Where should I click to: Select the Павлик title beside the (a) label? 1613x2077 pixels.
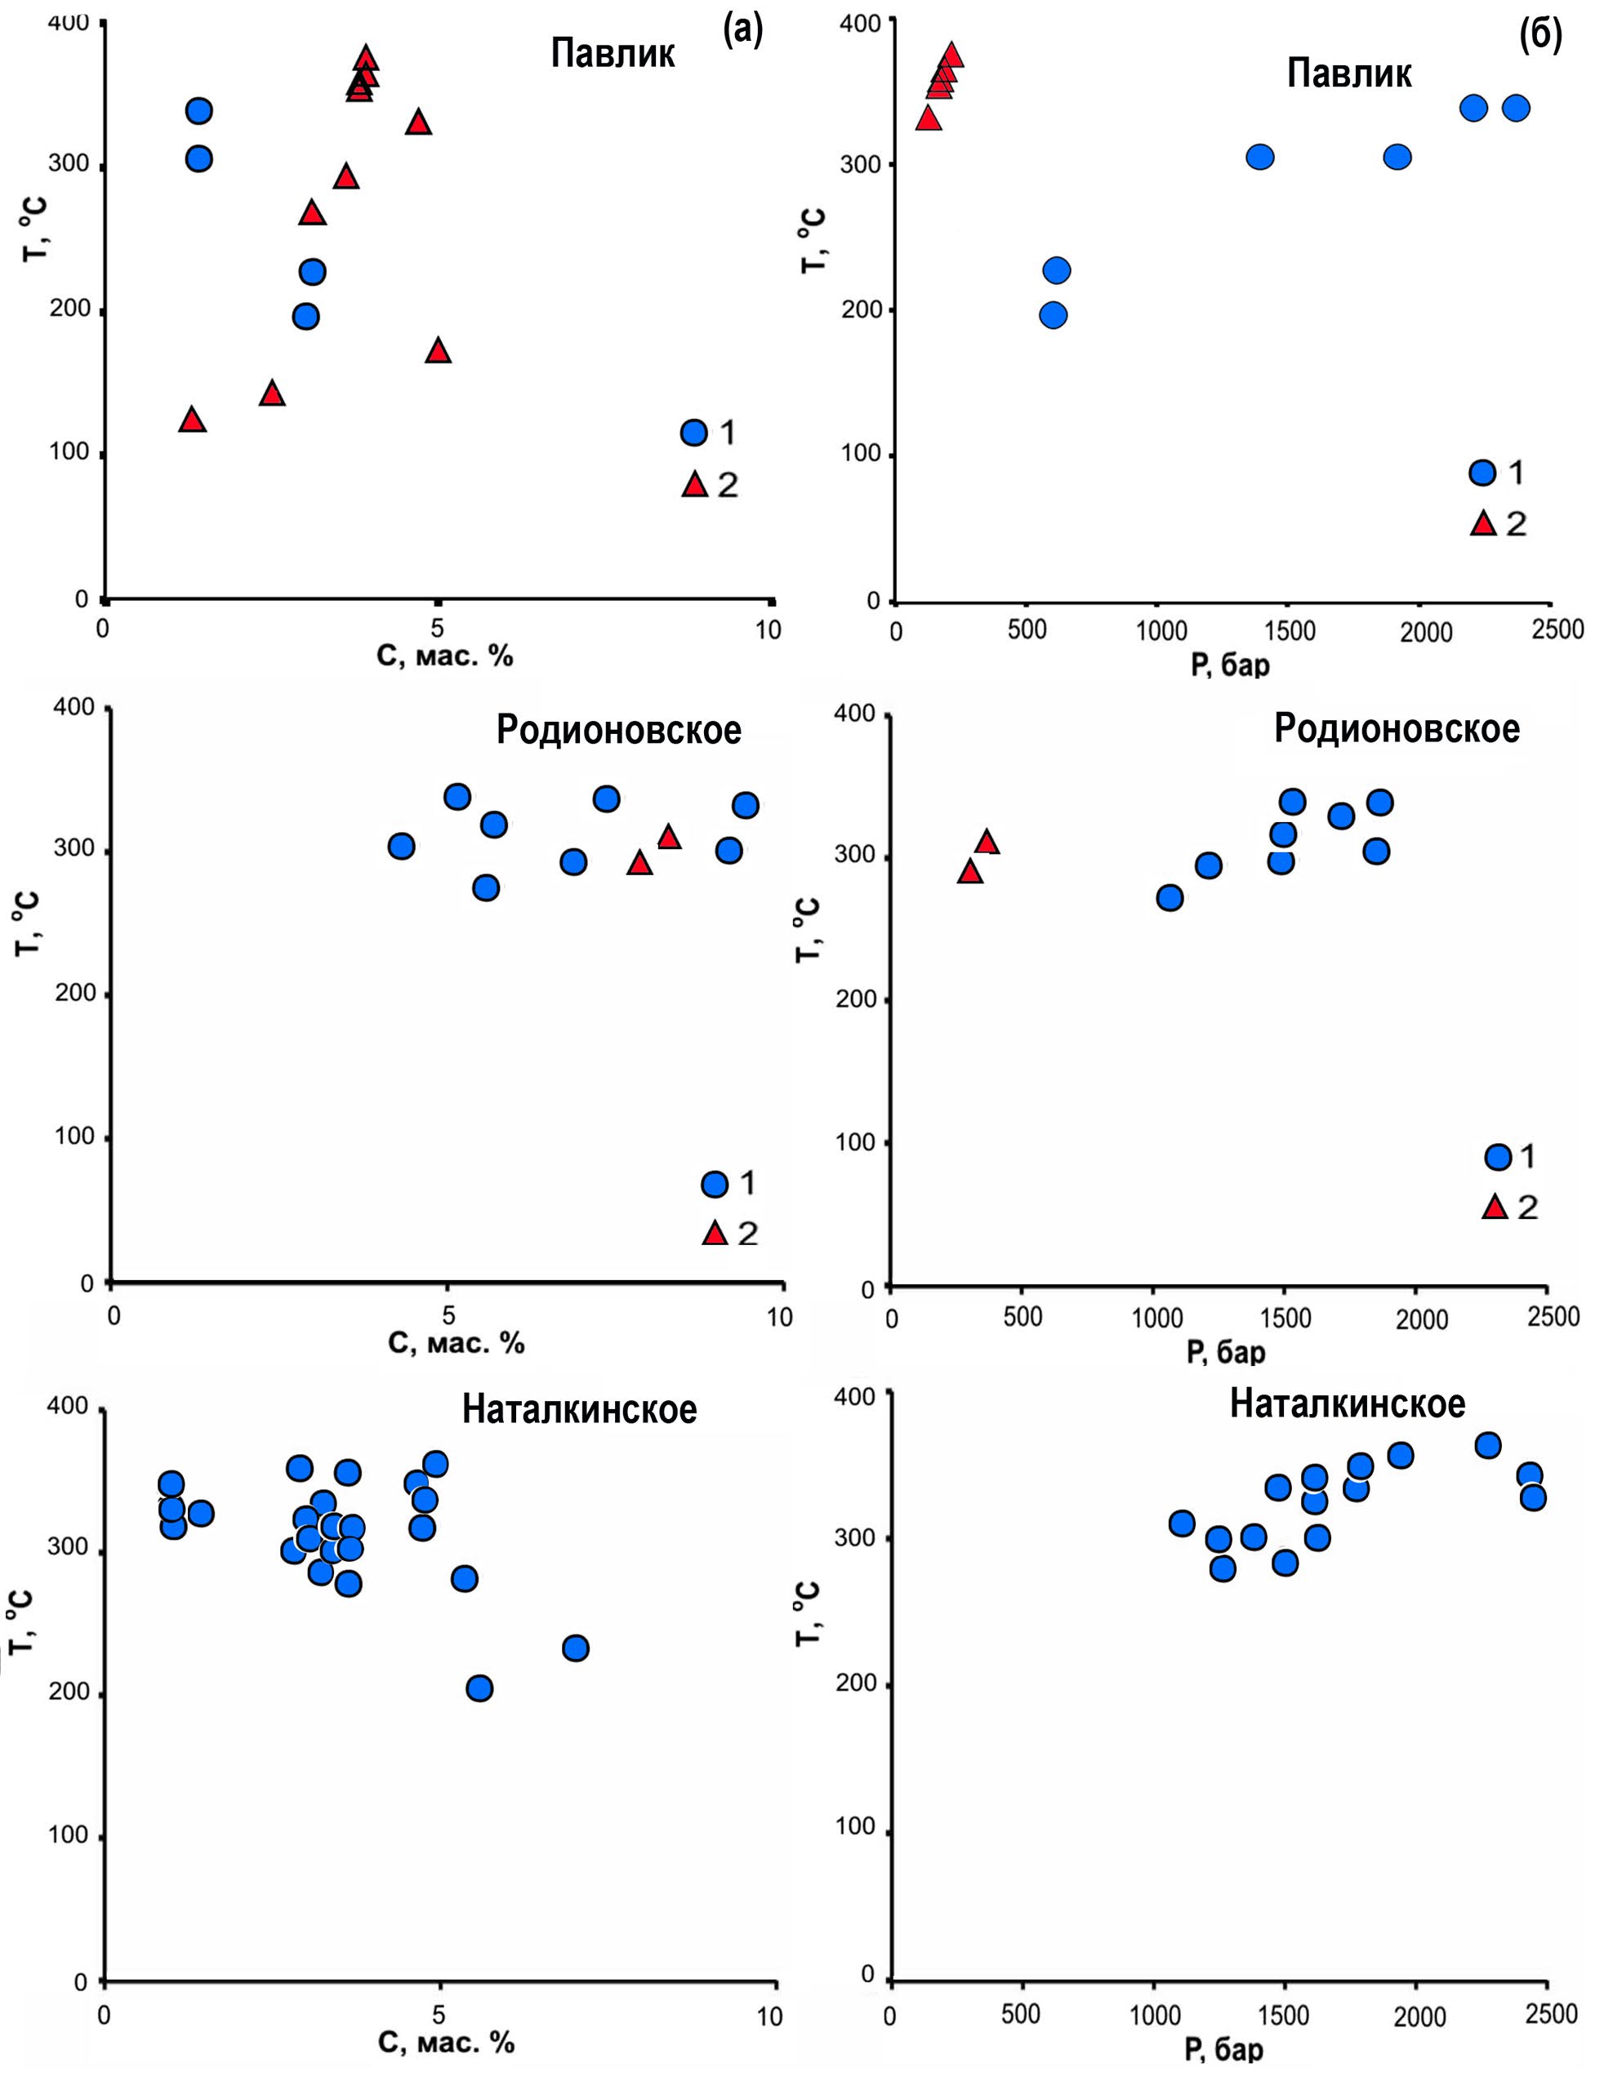(x=613, y=53)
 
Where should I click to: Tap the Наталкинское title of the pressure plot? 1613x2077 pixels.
(x=1347, y=1403)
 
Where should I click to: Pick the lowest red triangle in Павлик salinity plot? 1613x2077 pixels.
(x=193, y=420)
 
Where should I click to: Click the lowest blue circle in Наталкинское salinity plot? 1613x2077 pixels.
(x=479, y=1688)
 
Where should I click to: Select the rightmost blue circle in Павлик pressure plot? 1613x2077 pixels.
(x=1516, y=109)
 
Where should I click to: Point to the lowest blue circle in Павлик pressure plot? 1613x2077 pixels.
(x=1053, y=316)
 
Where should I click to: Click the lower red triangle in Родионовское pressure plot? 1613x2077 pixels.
(x=970, y=872)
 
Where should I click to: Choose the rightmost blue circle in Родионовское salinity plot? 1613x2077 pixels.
(x=746, y=806)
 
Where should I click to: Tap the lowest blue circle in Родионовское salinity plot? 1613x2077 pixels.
(x=486, y=887)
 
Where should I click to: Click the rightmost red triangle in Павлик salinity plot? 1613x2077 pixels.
(x=438, y=351)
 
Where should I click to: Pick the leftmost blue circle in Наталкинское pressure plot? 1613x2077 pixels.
(x=1182, y=1523)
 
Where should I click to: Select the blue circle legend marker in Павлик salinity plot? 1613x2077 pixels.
(x=694, y=433)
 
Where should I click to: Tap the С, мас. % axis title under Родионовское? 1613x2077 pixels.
(x=457, y=1342)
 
